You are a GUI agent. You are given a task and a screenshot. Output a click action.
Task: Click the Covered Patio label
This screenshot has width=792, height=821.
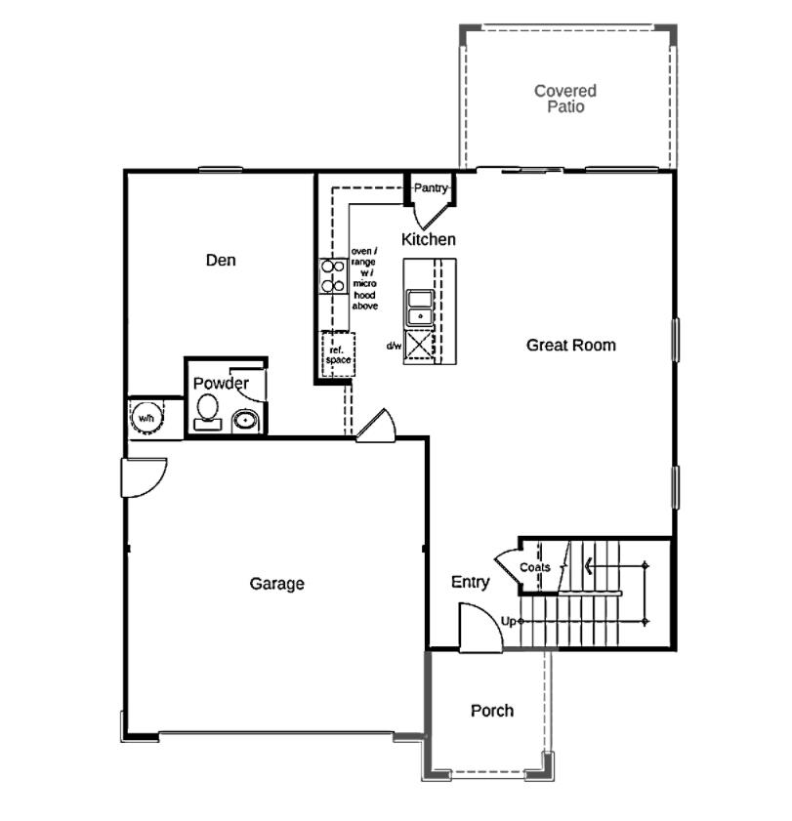point(564,99)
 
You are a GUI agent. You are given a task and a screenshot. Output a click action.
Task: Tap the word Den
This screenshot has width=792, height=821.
point(221,261)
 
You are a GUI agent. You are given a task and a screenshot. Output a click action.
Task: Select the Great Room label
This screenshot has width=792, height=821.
point(571,345)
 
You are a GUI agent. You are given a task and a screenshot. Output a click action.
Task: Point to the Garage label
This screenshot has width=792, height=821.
point(276,584)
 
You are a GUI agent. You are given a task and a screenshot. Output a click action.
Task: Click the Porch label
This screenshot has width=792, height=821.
point(491,711)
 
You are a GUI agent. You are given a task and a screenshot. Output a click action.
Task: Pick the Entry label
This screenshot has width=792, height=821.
point(470,582)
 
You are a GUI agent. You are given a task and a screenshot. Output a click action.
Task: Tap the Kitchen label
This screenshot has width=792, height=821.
point(428,239)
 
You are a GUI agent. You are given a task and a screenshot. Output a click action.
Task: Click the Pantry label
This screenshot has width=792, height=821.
point(430,187)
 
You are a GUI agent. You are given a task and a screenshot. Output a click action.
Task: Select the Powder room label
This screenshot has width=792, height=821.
point(220,384)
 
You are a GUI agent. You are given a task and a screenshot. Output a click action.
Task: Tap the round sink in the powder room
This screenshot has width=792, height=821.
point(245,422)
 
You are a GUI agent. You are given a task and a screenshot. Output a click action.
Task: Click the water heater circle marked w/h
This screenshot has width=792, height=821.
point(146,418)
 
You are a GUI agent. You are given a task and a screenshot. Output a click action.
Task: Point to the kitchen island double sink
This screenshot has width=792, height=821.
point(421,307)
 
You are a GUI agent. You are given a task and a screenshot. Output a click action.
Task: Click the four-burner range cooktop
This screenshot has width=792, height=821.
point(333,275)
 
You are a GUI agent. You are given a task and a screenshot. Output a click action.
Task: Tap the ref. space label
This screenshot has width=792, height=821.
point(338,353)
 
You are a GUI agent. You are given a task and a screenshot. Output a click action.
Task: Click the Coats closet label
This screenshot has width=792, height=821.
point(534,567)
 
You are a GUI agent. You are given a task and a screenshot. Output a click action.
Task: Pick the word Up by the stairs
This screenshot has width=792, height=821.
point(508,621)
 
